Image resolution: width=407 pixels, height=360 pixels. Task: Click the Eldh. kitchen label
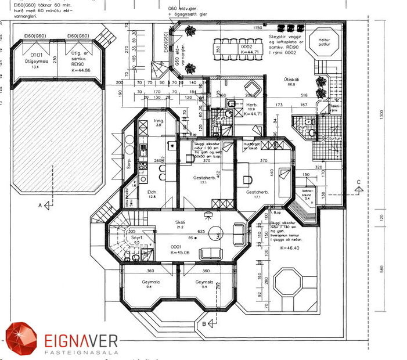coord(151,193)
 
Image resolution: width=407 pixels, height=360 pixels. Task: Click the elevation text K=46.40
coord(289,248)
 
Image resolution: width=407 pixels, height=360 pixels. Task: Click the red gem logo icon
coord(21,339)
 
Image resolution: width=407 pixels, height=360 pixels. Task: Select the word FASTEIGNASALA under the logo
coord(81,351)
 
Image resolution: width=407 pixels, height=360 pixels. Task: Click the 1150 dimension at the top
coord(257,27)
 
